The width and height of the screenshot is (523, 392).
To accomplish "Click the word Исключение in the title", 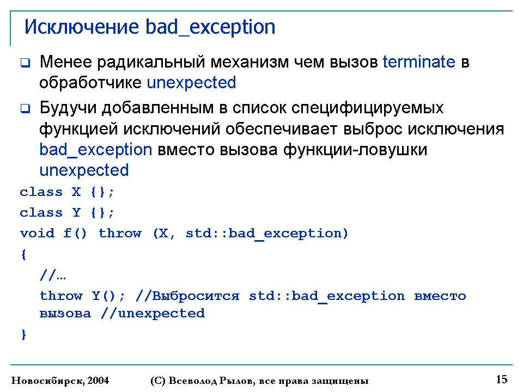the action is (x=81, y=27).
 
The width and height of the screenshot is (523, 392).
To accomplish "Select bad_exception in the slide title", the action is (x=210, y=27).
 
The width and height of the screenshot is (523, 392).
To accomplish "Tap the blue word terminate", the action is (x=418, y=62).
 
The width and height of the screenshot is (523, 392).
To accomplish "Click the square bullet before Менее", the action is (x=26, y=63).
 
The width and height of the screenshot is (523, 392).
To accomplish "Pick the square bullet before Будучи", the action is (x=26, y=108).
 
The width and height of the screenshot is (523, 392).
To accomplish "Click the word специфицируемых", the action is (x=367, y=108).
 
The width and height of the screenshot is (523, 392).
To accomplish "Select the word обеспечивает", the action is (x=281, y=129).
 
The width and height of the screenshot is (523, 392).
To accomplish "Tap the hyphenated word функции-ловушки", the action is (x=355, y=150).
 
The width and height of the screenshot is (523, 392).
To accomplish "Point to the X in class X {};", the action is (x=76, y=192).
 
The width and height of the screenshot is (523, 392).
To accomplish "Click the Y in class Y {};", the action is (x=76, y=213).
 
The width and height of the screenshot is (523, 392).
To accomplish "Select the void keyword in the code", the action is (x=37, y=233).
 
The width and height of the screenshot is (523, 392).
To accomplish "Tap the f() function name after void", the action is (x=75, y=234).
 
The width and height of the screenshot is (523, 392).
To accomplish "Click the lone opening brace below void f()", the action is (x=23, y=255).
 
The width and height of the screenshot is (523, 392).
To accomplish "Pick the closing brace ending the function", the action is (x=23, y=334).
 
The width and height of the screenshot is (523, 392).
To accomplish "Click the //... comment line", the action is (x=53, y=275).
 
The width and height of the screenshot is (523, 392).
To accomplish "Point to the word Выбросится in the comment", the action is (x=196, y=296).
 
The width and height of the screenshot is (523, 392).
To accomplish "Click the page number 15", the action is (x=502, y=379).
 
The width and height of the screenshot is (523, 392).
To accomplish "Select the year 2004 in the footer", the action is (x=98, y=381).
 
